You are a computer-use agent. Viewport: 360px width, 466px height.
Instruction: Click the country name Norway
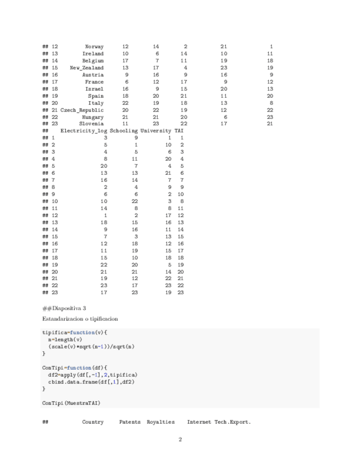coord(94,47)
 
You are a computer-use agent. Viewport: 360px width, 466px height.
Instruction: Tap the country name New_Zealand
coord(86,68)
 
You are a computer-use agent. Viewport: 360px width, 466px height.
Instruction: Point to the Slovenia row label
coord(91,124)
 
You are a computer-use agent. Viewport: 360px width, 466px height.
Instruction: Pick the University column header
coord(156,131)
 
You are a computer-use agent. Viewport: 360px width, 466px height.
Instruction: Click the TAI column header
coord(179,131)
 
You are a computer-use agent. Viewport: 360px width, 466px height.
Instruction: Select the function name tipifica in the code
coord(54,332)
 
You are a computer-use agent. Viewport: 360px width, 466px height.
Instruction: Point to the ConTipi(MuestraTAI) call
coord(71,403)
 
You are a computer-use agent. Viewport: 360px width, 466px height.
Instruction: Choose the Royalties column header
coord(160,422)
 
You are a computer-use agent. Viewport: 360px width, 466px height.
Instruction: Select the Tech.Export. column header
coord(232,422)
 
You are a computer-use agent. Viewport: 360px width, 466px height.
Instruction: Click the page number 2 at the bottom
coord(180,440)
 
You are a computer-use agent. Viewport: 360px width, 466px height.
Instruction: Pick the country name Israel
coord(94,88)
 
